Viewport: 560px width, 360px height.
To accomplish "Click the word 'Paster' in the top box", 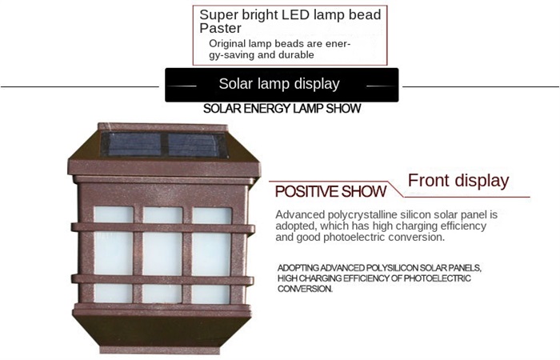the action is click(220, 28).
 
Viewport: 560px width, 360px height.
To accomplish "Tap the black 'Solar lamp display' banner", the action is click(282, 85).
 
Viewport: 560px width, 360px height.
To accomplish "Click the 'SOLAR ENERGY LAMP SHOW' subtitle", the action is click(282, 109).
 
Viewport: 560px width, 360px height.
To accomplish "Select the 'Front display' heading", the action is click(458, 181).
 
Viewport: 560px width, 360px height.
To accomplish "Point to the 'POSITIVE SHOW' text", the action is click(330, 191).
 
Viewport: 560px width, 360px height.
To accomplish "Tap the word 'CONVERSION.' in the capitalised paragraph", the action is click(305, 289).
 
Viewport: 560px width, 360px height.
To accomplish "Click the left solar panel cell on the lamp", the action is click(134, 144).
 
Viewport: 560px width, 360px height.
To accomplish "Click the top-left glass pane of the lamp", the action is click(114, 214).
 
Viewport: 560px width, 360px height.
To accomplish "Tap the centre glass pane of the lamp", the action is click(162, 254).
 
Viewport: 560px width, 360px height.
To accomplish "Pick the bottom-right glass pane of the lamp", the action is click(210, 294).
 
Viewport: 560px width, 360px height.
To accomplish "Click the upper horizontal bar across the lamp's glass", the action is click(163, 228).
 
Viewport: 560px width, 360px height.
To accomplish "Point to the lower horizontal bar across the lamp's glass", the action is click(163, 280).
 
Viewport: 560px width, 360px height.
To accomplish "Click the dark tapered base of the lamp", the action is click(162, 331).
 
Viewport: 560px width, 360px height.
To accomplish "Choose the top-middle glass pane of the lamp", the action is click(162, 215).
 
